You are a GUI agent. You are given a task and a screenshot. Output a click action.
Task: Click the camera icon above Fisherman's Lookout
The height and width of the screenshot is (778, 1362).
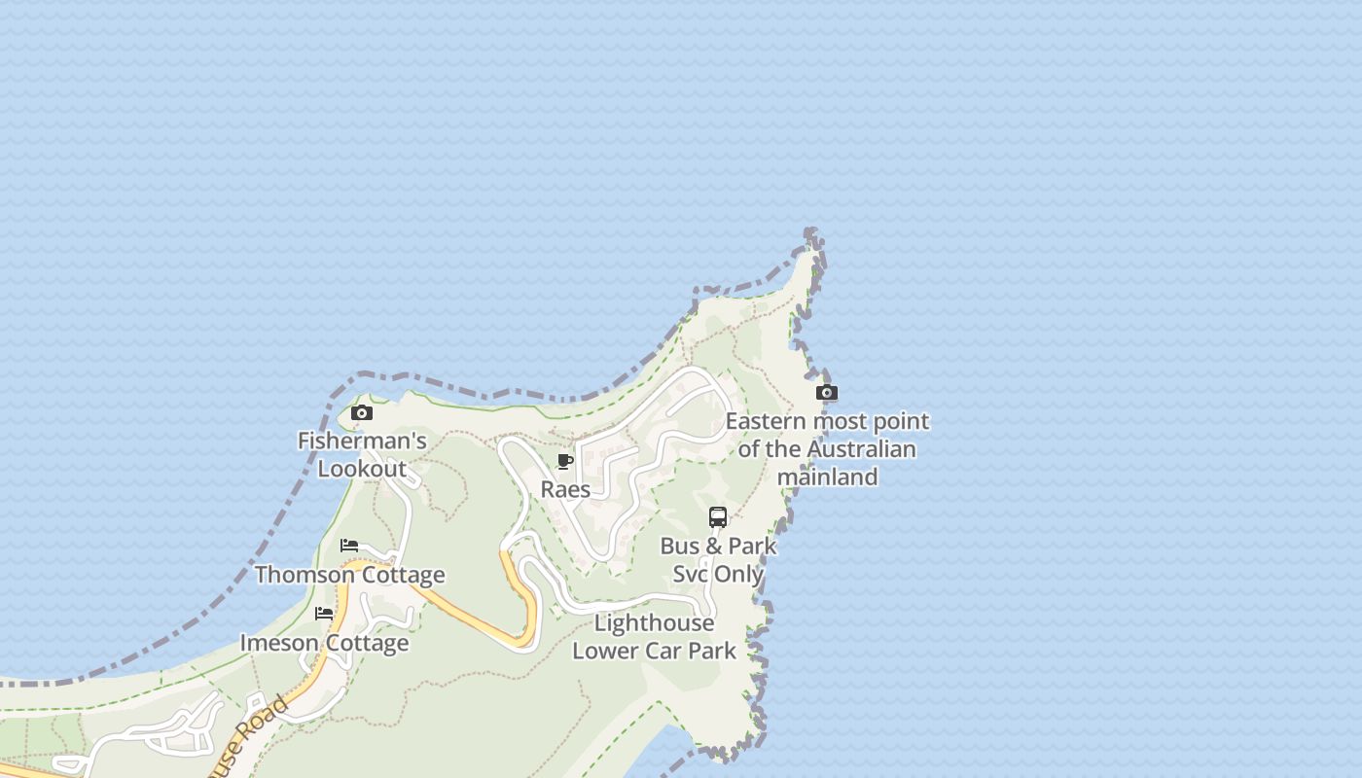362,413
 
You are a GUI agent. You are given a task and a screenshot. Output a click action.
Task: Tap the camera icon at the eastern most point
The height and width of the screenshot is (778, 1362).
827,393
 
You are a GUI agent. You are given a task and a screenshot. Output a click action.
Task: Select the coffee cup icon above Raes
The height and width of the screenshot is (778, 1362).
565,461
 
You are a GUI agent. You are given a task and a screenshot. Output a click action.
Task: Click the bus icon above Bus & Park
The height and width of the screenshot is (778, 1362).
718,517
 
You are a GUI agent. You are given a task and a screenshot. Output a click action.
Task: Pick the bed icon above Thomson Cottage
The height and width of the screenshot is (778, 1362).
349,546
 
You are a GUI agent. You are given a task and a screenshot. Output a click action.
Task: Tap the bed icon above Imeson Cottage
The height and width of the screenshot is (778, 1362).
324,614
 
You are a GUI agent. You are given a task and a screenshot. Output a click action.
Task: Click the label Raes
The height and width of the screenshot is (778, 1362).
565,489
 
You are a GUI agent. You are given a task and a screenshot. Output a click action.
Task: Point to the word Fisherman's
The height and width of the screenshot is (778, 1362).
362,442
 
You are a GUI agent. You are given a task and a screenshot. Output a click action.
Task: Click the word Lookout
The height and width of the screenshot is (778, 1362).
362,469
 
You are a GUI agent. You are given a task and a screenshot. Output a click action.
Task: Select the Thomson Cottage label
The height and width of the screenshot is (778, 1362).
349,575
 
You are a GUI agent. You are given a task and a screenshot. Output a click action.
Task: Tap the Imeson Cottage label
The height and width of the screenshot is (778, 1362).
324,643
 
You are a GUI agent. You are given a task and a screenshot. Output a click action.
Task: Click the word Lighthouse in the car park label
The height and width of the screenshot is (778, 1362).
654,622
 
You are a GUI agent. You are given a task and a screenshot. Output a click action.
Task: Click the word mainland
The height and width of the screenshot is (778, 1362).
827,477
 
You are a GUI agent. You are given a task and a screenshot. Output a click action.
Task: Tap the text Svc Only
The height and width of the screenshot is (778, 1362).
718,574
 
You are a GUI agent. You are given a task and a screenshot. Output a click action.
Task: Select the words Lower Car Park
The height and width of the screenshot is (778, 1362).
654,651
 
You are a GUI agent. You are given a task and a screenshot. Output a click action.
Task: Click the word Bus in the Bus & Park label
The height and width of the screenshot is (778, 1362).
678,547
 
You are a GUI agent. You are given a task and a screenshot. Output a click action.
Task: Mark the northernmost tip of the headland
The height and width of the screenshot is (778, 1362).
811,235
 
